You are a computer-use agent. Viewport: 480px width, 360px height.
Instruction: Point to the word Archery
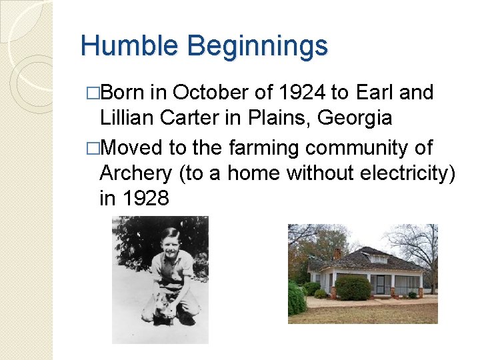click(135, 173)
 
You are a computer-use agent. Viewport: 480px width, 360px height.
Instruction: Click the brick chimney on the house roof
click(337, 253)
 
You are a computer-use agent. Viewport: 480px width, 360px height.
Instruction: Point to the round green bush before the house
click(353, 288)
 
